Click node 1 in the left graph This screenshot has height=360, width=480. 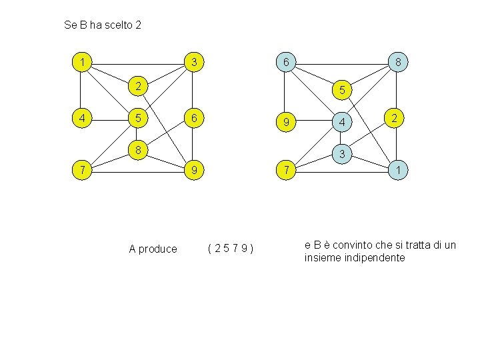(81, 63)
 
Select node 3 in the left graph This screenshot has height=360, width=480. (193, 63)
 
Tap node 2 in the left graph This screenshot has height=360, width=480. (137, 85)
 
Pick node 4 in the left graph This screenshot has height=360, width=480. (81, 119)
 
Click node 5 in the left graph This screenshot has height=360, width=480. (137, 119)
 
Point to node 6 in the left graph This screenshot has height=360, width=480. (193, 119)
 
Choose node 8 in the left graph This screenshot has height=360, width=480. (137, 149)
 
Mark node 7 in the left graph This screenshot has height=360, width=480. (81, 171)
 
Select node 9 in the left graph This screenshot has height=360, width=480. (193, 171)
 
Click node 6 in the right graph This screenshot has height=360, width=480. (285, 63)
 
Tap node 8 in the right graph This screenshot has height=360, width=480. (397, 63)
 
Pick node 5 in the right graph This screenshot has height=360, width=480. (341, 89)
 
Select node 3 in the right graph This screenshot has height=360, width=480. (341, 154)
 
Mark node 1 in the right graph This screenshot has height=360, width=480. (397, 171)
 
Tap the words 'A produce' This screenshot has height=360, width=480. (153, 249)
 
